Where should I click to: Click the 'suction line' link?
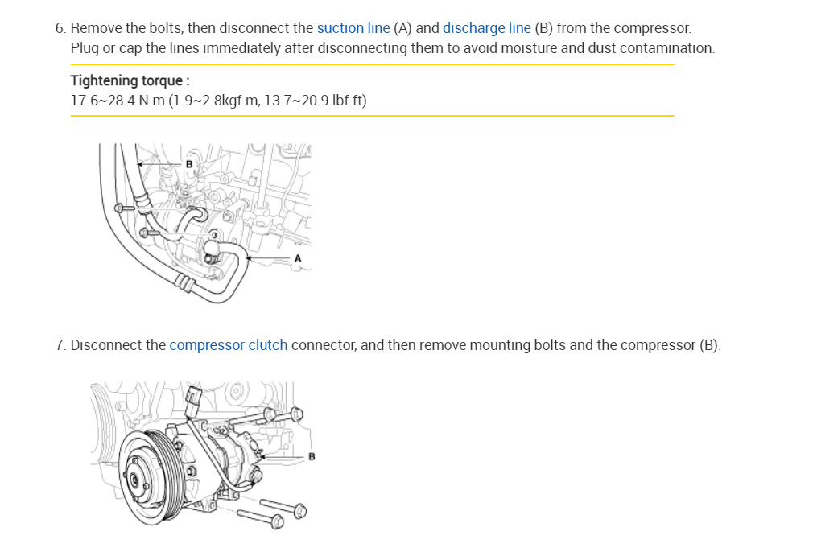coord(353,28)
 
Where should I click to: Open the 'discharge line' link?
coord(486,28)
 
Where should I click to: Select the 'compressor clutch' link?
coord(228,345)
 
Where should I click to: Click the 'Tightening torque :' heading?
coord(130,80)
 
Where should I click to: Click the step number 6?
coord(60,28)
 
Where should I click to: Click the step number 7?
coord(60,345)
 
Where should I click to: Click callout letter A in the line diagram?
coord(298,258)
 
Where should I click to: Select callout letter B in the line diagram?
coord(188,164)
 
